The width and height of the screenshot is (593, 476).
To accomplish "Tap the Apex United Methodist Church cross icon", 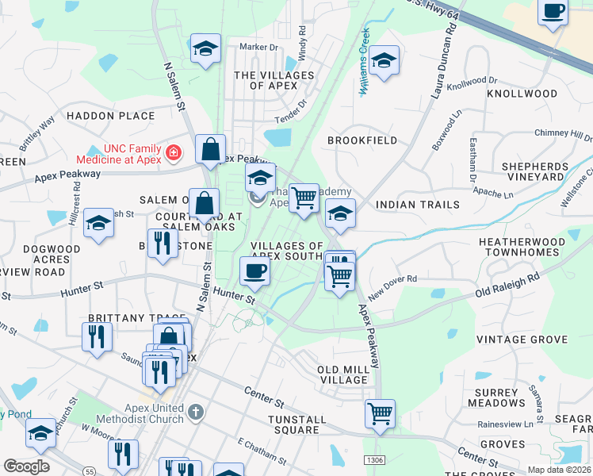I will pos(197,412).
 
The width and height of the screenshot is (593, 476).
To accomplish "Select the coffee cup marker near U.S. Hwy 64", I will pos(553,13).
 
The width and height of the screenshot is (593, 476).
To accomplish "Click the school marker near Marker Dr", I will pos(205,49).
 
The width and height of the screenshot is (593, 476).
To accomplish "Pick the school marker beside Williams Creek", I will pos(384,60).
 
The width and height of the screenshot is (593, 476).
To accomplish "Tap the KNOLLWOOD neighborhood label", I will pos(522,94).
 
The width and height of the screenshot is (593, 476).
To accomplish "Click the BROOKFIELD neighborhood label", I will pos(362,140).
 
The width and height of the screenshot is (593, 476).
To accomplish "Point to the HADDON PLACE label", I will pos(111,116).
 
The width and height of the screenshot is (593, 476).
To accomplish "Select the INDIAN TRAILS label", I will pos(417,205).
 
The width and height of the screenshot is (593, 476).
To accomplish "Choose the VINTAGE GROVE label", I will pos(522,340).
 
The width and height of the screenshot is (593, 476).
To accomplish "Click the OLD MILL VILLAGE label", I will pos(342,375).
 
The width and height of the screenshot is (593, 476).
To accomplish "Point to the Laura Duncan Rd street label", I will pos(445,59).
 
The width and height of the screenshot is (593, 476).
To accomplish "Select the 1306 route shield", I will pos(375,460).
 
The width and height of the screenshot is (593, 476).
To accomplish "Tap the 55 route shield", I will pos(92,460).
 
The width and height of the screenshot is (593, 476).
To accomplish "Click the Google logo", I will pos(26,466).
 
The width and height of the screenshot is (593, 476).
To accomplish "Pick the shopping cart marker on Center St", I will pos(380,413).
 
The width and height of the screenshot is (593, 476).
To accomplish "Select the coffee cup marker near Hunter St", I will pos(254,271).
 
